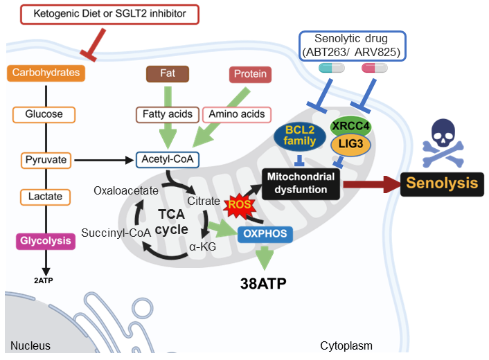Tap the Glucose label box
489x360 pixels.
44,114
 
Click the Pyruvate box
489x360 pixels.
44,160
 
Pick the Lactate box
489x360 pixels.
45,197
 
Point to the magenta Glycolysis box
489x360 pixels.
45,241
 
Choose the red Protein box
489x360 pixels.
249,74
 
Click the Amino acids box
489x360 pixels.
237,114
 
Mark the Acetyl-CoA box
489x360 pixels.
166,160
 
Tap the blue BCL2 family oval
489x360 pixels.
299,136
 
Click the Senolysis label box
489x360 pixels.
442,183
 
